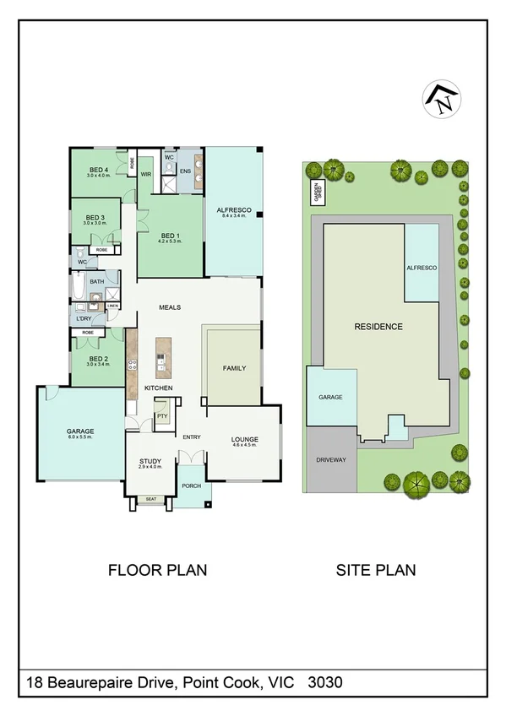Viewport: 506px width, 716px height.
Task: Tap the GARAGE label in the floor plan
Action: coord(80,431)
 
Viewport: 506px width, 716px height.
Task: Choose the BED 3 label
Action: coord(95,218)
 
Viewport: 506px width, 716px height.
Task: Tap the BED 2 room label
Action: coord(99,359)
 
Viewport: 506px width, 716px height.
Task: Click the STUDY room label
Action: coord(150,461)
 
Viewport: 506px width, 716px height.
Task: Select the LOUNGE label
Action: coord(244,440)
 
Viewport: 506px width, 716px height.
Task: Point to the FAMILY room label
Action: coord(234,369)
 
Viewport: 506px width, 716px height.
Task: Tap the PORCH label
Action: coord(191,485)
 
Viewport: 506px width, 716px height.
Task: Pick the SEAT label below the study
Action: coord(150,499)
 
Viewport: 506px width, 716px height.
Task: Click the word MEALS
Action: coord(170,307)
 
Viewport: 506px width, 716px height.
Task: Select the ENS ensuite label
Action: coord(186,171)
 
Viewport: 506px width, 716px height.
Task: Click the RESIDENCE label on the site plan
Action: coord(378,326)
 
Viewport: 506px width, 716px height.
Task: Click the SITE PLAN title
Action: coord(376,570)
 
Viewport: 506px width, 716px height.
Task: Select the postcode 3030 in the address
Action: coord(325,681)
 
